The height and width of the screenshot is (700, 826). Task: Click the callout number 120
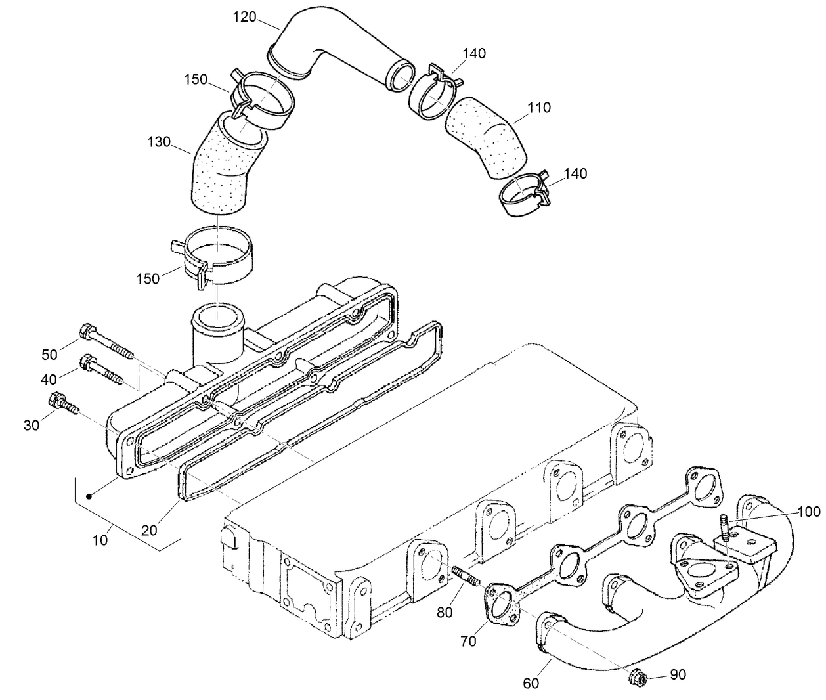245,17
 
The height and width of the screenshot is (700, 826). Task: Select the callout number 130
159,141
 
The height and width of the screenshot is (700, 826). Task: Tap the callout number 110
539,107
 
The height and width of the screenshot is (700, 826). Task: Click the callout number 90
678,674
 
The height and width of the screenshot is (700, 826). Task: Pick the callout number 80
445,612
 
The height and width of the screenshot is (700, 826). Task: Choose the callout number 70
468,642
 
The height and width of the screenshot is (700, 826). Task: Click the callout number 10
100,540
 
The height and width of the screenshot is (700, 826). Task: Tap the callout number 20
150,529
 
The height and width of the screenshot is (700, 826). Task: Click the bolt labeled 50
105,340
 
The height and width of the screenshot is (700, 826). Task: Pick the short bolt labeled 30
63,403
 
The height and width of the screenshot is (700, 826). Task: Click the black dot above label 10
91,497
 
